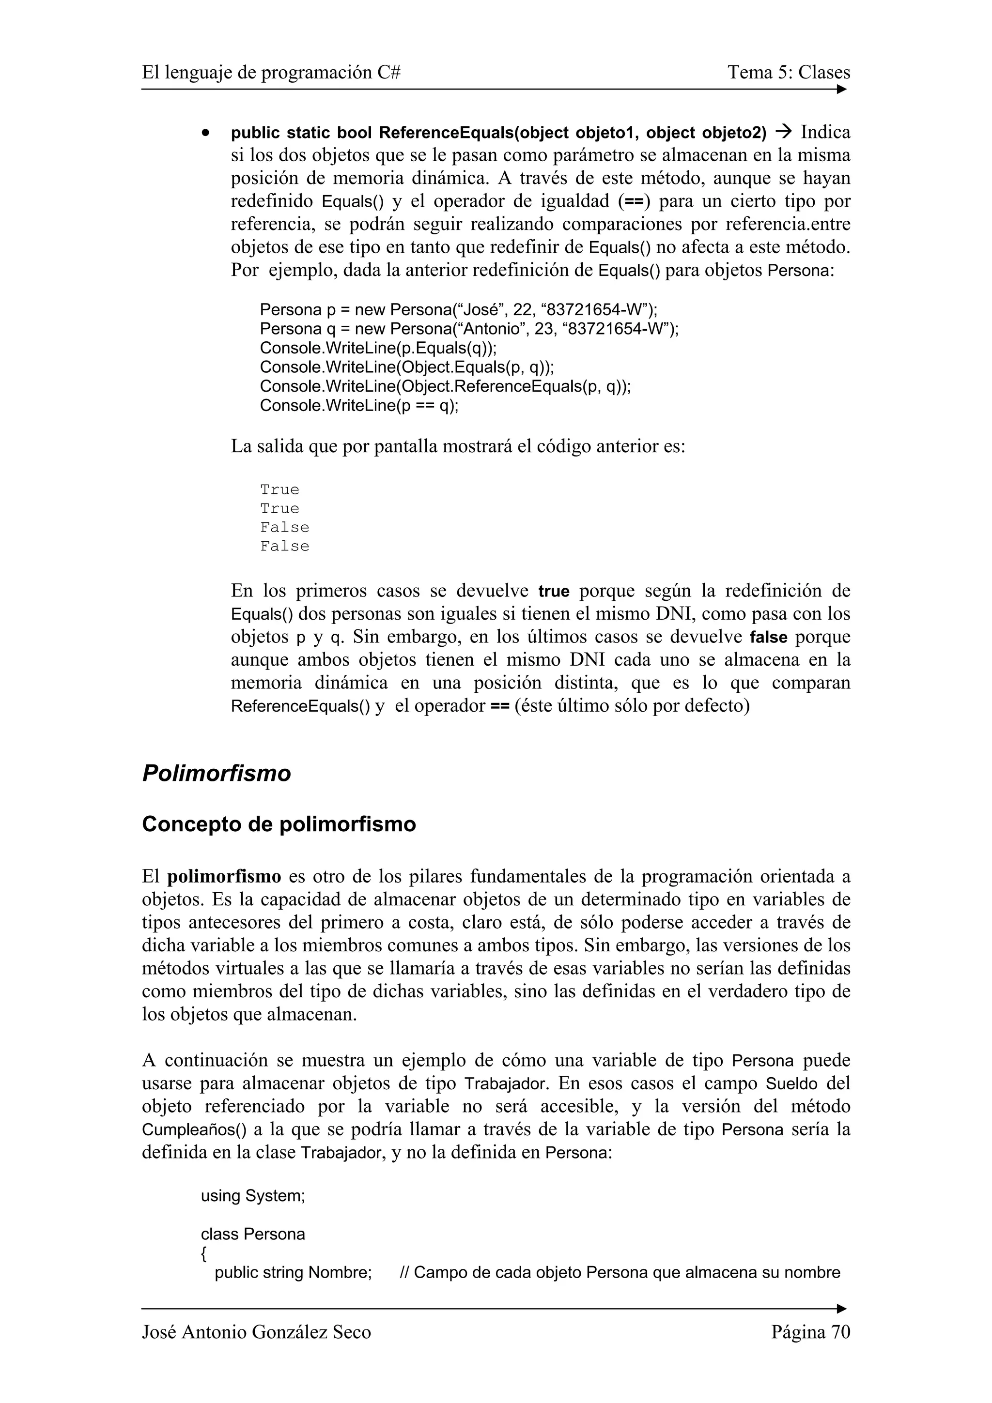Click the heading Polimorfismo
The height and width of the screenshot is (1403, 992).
pyautogui.click(x=217, y=773)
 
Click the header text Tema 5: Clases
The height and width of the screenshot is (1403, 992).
pyautogui.click(x=789, y=72)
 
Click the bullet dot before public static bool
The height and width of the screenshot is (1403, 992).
pyautogui.click(x=207, y=133)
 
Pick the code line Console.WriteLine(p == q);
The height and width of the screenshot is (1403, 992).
pyautogui.click(x=359, y=405)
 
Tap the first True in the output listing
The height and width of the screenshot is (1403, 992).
pyautogui.click(x=279, y=489)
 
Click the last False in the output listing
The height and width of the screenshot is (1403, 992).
pyautogui.click(x=284, y=546)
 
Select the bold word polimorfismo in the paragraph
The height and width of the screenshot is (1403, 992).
pyautogui.click(x=224, y=877)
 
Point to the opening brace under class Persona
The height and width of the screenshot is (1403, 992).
pyautogui.click(x=203, y=1253)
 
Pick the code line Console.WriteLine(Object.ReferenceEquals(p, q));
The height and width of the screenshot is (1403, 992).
pyautogui.click(x=445, y=386)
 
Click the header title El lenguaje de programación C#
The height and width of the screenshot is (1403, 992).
pyautogui.click(x=271, y=72)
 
